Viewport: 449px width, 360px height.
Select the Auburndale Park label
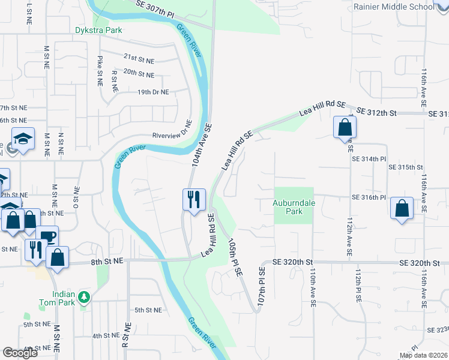[294, 207]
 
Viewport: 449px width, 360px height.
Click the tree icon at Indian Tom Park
[85, 296]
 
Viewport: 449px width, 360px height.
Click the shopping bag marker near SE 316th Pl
[402, 209]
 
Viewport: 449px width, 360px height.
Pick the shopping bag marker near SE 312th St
[345, 127]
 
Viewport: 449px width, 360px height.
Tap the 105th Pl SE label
[235, 256]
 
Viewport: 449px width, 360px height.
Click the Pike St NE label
[100, 70]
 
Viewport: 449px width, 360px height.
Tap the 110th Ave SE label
[313, 288]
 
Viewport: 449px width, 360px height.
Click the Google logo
[20, 353]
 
